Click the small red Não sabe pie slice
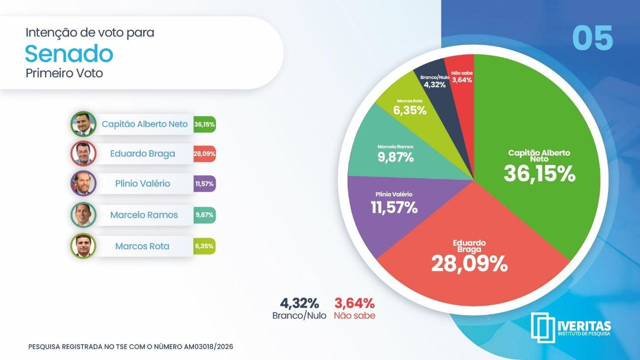click(461, 79)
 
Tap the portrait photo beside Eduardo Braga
click(83, 154)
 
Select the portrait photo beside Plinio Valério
click(83, 184)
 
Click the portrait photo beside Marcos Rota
click(83, 246)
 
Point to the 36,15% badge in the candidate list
click(204, 124)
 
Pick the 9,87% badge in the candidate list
click(204, 215)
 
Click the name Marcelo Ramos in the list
click(144, 215)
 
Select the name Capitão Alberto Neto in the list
click(145, 124)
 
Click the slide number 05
click(592, 38)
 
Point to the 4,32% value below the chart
click(299, 303)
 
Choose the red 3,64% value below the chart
click(354, 303)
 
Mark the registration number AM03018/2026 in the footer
click(208, 347)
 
